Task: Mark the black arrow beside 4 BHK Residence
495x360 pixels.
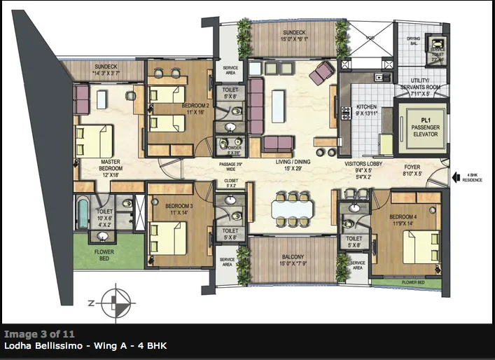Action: click(x=456, y=177)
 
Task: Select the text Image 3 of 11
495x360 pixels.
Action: click(x=39, y=334)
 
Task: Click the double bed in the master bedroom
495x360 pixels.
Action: click(x=97, y=141)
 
